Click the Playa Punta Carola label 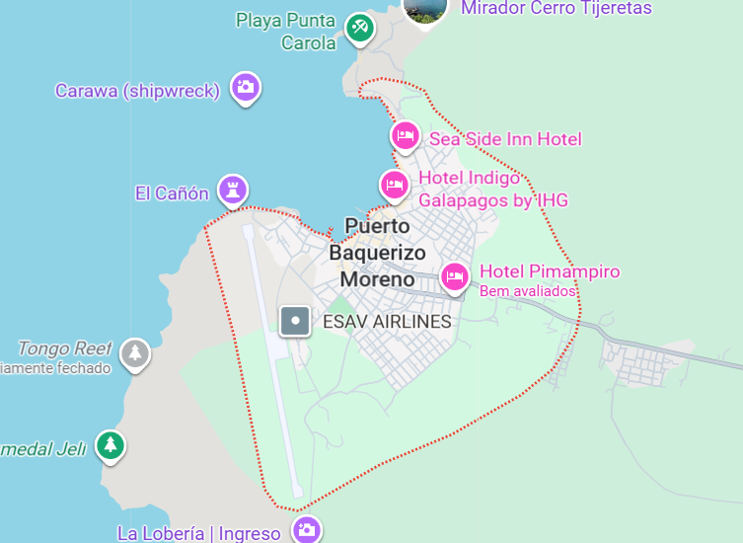coord(287,31)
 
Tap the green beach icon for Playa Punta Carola coord(359,28)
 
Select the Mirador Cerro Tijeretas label coord(557,8)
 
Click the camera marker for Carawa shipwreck coord(246,88)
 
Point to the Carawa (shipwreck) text coord(137,91)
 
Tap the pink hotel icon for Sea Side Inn coord(406,136)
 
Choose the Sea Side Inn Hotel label coord(505,139)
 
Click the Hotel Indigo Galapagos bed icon coord(395,184)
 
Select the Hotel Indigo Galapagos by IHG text coord(493,189)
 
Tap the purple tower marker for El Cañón coord(233,190)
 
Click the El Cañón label coord(172,194)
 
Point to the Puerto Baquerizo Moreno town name coord(377,253)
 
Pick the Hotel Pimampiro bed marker coord(454,276)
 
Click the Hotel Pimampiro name coord(550,271)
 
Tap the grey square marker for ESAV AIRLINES coord(295,321)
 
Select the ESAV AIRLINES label coord(387,322)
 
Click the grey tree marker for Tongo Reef coord(135,352)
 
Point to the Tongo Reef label coord(64,348)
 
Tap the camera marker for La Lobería coord(307,530)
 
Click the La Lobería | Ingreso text coord(199,534)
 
